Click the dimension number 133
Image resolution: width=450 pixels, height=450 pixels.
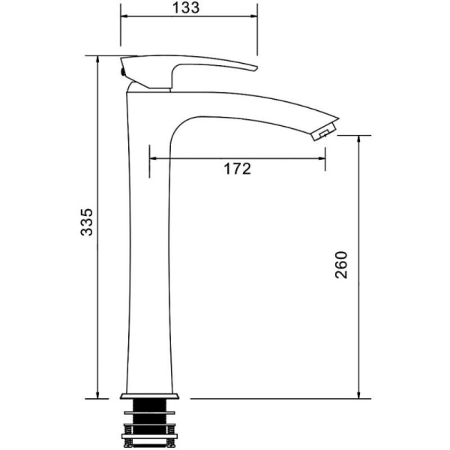[x=186, y=7]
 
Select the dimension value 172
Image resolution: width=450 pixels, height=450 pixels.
[x=237, y=169]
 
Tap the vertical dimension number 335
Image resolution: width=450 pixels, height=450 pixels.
[x=87, y=222]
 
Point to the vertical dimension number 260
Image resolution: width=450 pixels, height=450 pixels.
[x=341, y=265]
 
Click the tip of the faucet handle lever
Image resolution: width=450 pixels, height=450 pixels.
[x=256, y=68]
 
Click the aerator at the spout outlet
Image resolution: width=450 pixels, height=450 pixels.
[x=324, y=131]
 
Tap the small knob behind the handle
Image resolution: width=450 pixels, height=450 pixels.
[x=122, y=72]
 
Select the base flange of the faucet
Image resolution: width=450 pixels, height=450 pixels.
[x=149, y=396]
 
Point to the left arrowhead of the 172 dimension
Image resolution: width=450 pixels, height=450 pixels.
[x=153, y=158]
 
